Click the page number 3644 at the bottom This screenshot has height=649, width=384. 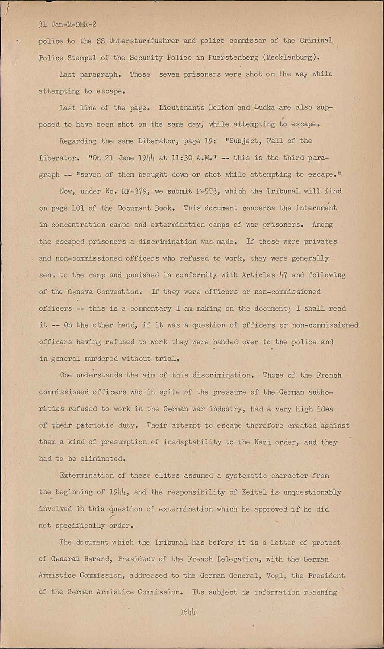click(188, 612)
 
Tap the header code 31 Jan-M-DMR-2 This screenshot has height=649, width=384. click(67, 24)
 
